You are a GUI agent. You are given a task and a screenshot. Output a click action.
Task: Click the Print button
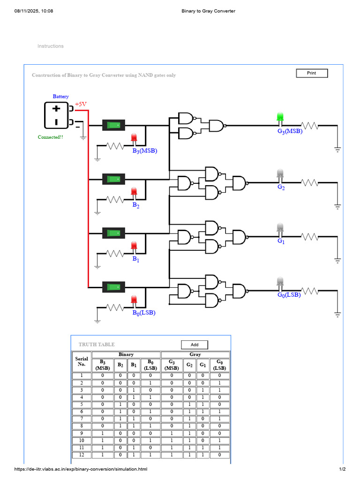click(x=312, y=73)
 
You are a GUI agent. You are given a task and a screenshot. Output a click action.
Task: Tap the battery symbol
click(x=57, y=115)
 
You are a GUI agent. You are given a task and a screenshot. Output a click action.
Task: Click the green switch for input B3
click(x=113, y=125)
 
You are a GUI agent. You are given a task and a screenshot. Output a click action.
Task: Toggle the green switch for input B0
click(x=113, y=287)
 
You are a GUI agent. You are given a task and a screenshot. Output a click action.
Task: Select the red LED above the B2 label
click(x=134, y=192)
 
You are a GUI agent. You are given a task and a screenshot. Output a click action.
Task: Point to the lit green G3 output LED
click(x=280, y=117)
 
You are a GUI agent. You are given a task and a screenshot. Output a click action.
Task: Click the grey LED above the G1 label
click(x=280, y=228)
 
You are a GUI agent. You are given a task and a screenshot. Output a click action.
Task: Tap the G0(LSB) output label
click(x=289, y=295)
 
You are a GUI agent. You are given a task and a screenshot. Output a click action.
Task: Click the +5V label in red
click(x=81, y=104)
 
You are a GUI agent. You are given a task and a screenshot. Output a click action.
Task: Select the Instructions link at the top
click(x=51, y=46)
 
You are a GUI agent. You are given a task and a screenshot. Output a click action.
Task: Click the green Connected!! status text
click(x=51, y=137)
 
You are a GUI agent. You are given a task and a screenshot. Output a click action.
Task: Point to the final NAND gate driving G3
click(x=217, y=126)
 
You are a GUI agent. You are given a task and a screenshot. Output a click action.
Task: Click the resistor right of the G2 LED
click(x=310, y=183)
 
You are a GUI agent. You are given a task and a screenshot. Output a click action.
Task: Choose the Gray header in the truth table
click(x=195, y=355)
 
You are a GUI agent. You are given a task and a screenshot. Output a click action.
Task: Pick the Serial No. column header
click(x=82, y=361)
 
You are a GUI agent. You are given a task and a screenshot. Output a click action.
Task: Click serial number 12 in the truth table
click(x=82, y=455)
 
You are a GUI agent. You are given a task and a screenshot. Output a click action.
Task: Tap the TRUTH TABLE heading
click(x=97, y=345)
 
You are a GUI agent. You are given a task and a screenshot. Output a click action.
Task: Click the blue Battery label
click(x=60, y=97)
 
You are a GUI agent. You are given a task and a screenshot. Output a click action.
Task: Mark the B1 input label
click(x=135, y=259)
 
